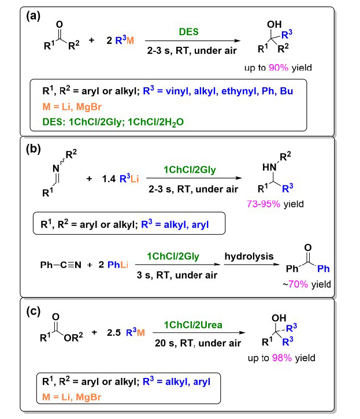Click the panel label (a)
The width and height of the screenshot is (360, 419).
33,16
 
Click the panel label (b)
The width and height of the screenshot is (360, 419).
33,149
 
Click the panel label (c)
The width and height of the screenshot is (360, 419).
33,311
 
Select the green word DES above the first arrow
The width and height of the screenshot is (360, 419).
189,32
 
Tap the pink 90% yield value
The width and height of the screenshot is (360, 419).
279,68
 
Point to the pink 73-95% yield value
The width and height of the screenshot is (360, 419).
263,204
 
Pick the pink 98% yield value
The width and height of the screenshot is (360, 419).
282,358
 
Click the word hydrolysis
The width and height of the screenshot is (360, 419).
249,256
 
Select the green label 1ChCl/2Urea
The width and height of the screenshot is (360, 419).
193,325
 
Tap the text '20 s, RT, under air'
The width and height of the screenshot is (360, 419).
198,343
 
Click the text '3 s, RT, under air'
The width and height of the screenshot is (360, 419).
177,275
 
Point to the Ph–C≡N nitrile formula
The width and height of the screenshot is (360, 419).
61,265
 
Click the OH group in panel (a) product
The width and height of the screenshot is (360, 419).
274,25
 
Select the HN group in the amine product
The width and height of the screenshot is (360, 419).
269,167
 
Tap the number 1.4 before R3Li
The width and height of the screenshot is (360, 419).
109,179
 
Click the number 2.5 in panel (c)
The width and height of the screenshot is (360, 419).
114,333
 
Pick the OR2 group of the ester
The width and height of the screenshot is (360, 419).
73,338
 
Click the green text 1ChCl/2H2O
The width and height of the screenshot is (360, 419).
156,123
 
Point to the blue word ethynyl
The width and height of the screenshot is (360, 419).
239,91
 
